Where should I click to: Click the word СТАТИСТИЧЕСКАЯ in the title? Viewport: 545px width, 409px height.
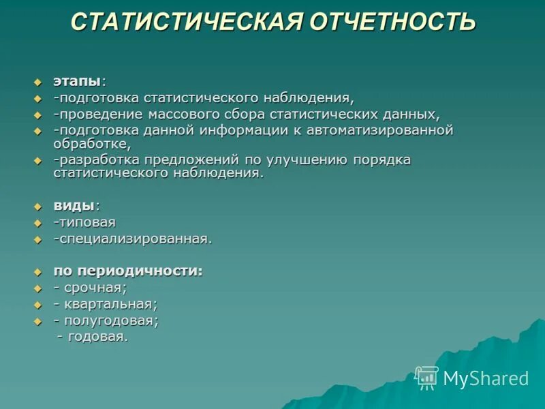pos(185,22)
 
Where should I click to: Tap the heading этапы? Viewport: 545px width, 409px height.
pos(77,81)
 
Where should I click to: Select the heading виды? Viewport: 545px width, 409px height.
pos(74,206)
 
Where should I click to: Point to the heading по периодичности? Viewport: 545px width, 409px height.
pos(128,271)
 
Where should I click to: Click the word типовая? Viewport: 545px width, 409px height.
pos(87,222)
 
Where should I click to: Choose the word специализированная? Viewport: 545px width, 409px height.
pos(134,239)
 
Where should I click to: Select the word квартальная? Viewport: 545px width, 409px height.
pos(111,304)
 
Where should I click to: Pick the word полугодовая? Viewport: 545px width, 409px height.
pos(112,320)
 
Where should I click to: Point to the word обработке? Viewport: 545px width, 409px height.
pos(91,144)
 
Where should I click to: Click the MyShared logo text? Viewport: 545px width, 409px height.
pos(486,378)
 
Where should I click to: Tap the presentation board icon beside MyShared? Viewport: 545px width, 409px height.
pos(427,378)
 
